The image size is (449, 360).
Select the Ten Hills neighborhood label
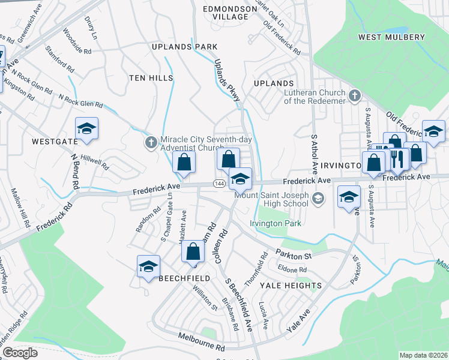point(151,78)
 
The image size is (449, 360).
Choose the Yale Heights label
point(291,286)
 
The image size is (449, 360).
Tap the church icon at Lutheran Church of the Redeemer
point(355,95)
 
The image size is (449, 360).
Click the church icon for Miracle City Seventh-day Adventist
point(151,142)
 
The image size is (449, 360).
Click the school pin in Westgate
point(86,129)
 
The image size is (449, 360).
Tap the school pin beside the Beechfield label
point(148,267)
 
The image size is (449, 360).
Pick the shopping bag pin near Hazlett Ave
point(193,253)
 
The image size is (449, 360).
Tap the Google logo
point(19,353)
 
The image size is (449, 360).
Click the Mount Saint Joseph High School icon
point(318,198)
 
